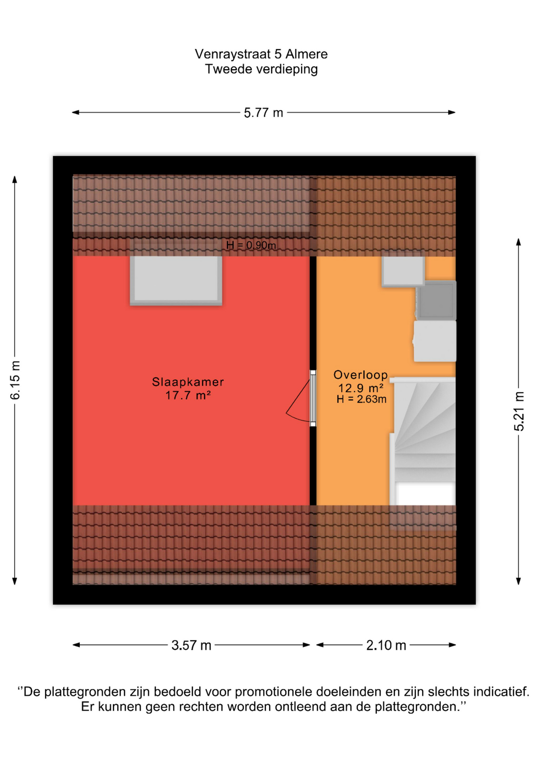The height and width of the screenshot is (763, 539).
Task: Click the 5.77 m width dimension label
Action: click(x=263, y=113)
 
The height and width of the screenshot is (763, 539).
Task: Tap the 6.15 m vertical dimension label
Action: click(x=15, y=380)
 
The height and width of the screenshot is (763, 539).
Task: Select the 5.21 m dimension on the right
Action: click(x=519, y=411)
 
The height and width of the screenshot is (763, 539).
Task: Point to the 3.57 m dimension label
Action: click(x=191, y=645)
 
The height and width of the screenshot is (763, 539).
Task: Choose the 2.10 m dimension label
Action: click(x=386, y=645)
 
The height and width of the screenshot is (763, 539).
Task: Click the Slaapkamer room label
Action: click(x=188, y=382)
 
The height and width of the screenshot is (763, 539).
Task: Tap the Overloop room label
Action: click(x=360, y=375)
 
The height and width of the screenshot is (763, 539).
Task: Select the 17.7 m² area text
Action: click(x=188, y=395)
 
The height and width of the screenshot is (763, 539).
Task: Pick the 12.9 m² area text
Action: click(x=360, y=388)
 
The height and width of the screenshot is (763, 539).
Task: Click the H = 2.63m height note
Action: click(x=361, y=399)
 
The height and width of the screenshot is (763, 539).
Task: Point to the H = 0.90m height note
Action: click(x=251, y=245)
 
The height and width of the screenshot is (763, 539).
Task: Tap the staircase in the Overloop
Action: click(x=423, y=441)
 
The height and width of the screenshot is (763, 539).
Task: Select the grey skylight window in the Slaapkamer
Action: click(x=176, y=281)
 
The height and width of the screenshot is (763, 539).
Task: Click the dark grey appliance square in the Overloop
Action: click(x=436, y=300)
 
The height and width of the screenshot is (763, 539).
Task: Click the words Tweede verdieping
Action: click(x=261, y=69)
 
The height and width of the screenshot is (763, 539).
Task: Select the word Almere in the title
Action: click(x=306, y=54)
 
